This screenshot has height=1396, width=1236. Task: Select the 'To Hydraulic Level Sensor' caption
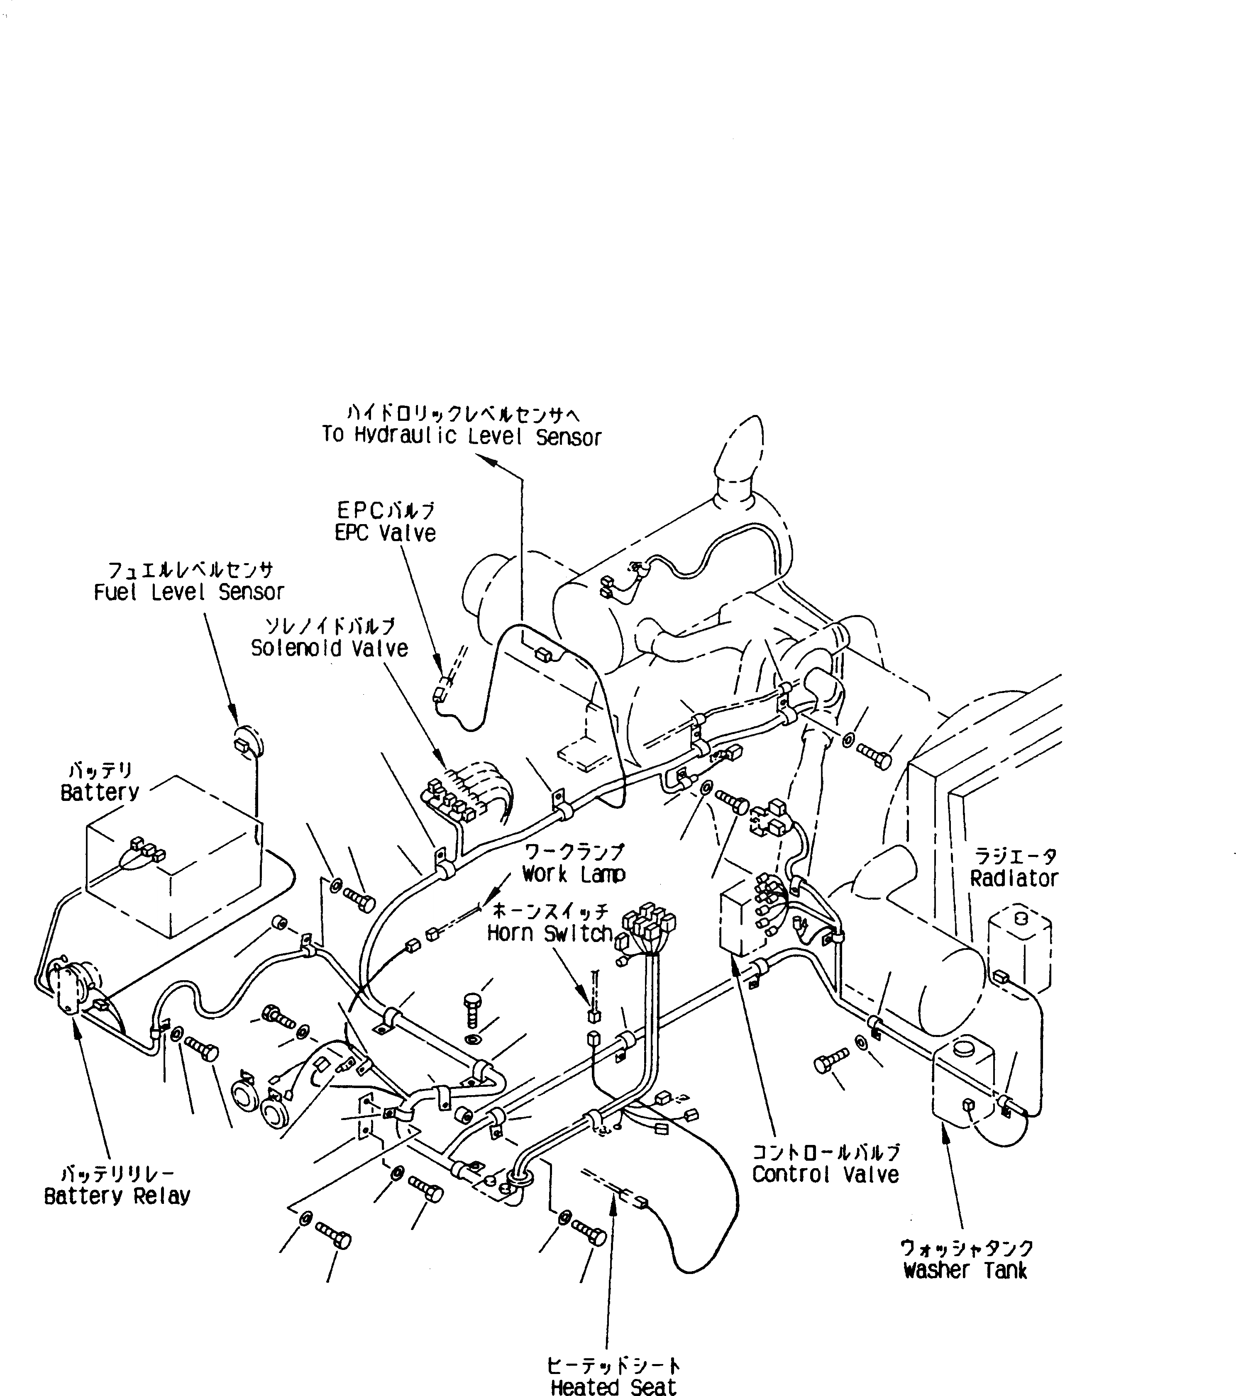point(462,437)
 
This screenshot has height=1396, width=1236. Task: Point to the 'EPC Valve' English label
point(385,533)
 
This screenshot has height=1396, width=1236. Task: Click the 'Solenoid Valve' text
point(329,648)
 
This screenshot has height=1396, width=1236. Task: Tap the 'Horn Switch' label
point(550,934)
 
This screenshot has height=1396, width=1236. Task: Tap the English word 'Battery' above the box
point(100,792)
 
